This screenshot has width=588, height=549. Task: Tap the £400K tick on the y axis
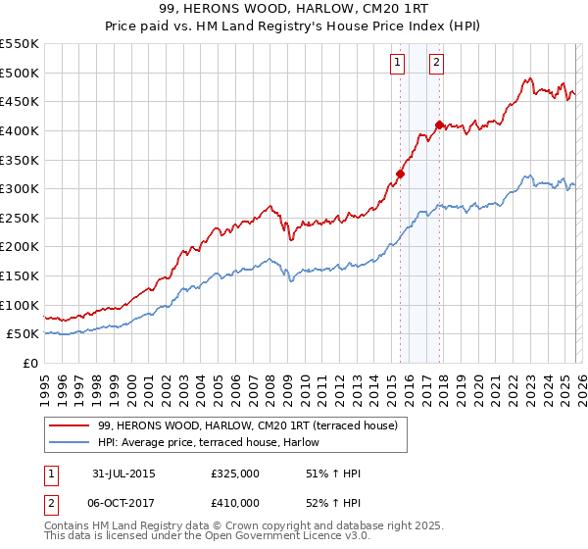tap(20, 130)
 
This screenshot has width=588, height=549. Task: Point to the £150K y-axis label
tap(20, 275)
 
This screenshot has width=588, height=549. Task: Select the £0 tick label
tap(29, 363)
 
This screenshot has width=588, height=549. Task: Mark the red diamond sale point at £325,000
tap(400, 175)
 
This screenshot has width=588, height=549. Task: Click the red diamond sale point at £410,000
tap(439, 125)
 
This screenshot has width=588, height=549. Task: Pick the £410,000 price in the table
tap(234, 502)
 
